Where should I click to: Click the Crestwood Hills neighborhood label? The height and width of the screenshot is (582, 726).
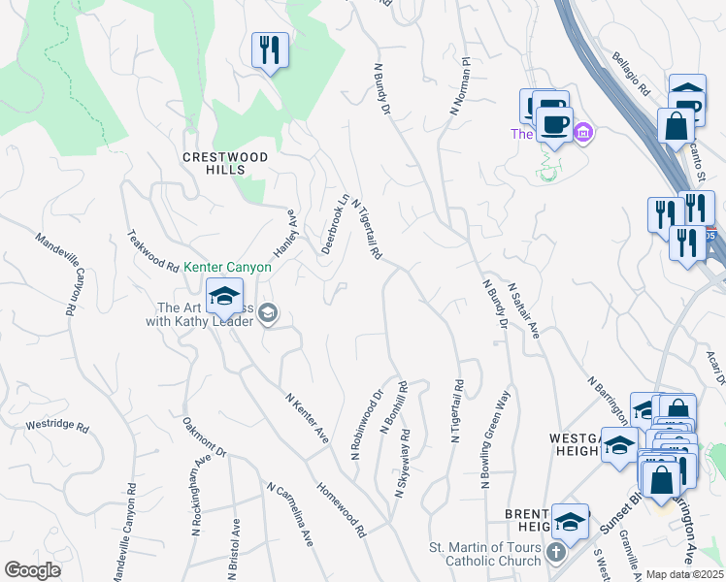point(214,162)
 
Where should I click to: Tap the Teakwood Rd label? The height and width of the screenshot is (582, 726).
point(153,251)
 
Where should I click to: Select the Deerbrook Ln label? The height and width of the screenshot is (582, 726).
point(335,224)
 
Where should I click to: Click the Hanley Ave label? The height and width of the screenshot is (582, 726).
point(283,232)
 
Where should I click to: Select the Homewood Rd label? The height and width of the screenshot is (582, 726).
point(341,509)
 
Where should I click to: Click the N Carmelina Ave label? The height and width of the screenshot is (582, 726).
point(290,513)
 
